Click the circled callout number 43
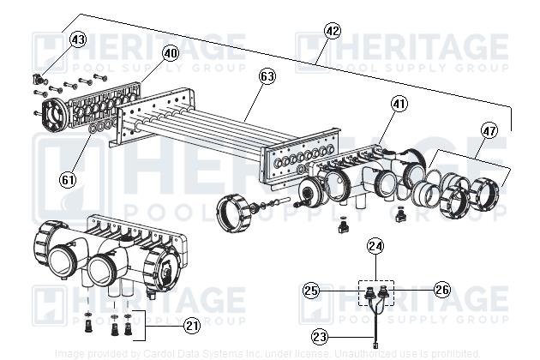click(78, 39)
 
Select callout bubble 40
click(171, 53)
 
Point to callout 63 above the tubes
click(267, 76)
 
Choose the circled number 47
click(489, 131)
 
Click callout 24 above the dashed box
click(375, 246)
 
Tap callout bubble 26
click(442, 291)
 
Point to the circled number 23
click(320, 337)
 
